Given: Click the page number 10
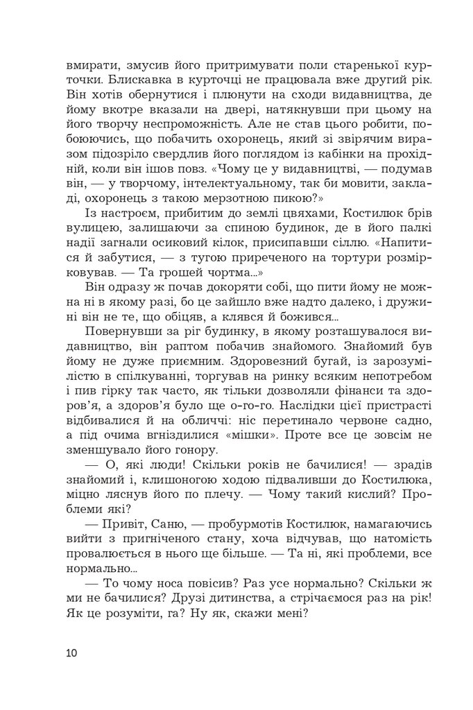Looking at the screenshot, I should (74, 653).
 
